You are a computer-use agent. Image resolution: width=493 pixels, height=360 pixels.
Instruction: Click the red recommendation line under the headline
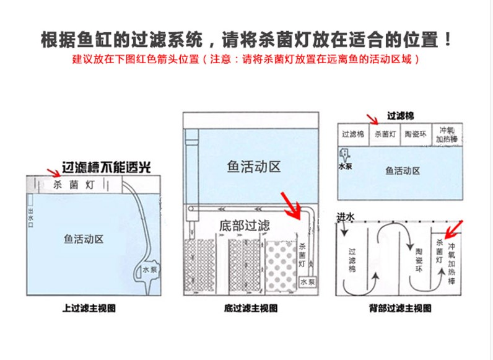246,60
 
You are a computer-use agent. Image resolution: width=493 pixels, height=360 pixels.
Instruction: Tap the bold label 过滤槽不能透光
105,167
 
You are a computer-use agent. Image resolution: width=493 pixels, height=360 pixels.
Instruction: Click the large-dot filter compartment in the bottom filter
281,265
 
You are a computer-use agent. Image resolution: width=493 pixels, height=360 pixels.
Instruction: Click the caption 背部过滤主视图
399,308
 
